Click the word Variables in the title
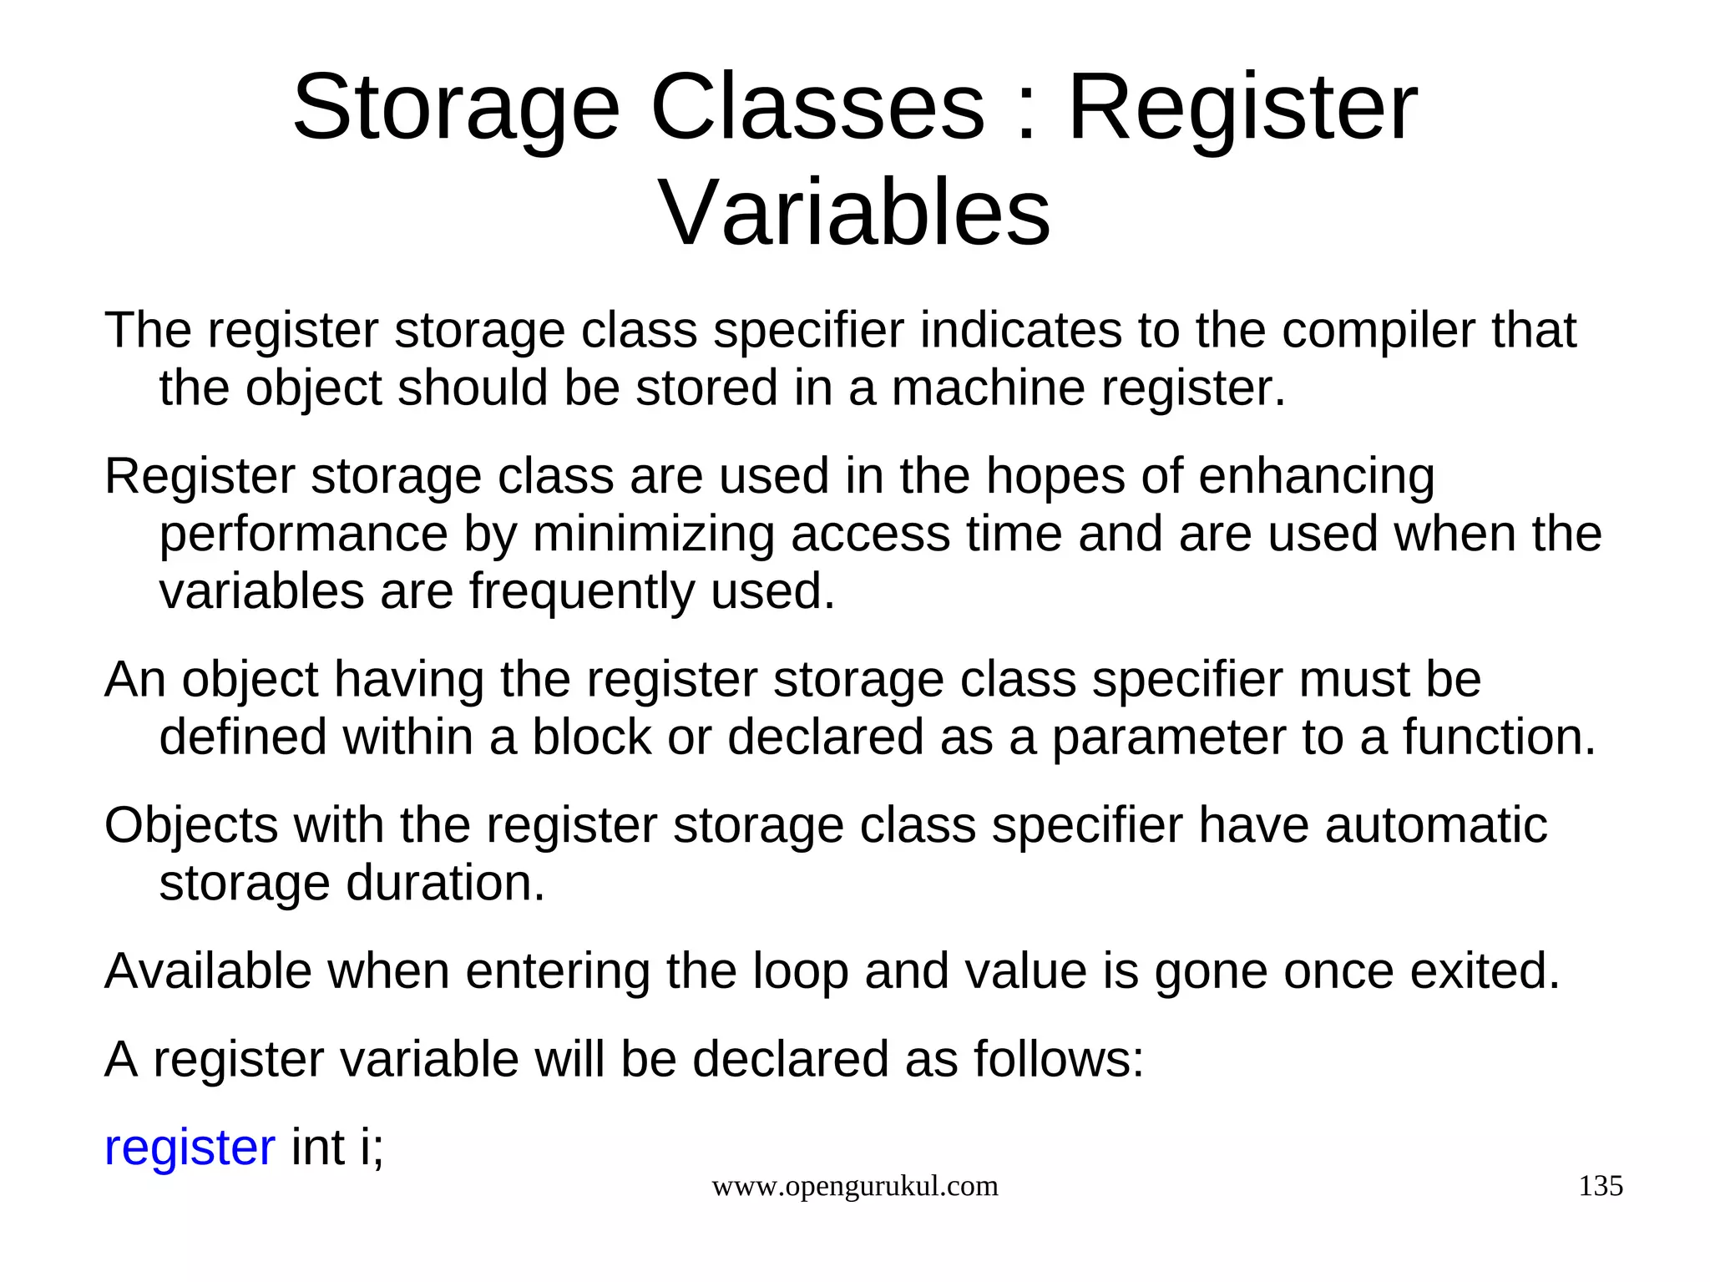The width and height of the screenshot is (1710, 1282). coord(855,213)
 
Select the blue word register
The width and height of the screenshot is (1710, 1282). coord(190,1148)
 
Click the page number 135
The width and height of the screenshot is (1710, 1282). coord(1600,1186)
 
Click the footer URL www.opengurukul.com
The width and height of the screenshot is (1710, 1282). coord(854,1187)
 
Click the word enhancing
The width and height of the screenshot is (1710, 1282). coord(1316,477)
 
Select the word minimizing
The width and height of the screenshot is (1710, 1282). coord(653,535)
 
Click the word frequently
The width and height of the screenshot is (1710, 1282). coord(581,592)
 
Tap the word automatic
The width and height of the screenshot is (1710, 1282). coord(1435,825)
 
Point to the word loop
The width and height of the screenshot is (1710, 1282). coord(800,972)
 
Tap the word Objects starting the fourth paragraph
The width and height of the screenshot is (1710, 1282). coord(190,825)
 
